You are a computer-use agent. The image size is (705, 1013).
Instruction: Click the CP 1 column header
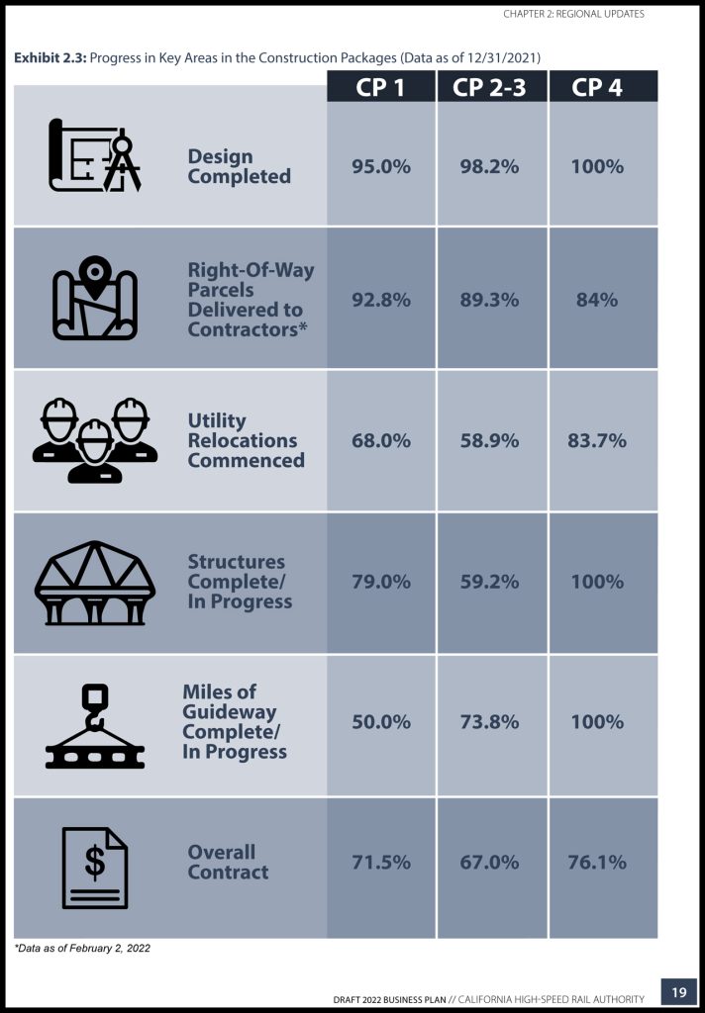[x=380, y=87]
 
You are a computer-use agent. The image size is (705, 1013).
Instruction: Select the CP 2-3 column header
[x=491, y=87]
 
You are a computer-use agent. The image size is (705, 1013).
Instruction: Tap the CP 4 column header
[x=597, y=87]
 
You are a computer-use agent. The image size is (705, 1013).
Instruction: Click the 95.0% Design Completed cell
[x=380, y=166]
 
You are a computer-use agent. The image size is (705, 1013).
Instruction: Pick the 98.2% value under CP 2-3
[x=489, y=166]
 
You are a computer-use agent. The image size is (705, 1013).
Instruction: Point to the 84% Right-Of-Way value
[x=597, y=300]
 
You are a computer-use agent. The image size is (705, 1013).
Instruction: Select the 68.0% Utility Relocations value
[x=380, y=441]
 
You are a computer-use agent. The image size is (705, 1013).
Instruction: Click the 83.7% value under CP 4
[x=597, y=441]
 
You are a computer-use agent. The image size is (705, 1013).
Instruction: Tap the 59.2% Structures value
[x=489, y=582]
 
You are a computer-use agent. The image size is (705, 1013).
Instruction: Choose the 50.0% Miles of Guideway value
[x=380, y=722]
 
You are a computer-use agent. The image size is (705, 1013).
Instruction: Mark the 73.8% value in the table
[x=489, y=722]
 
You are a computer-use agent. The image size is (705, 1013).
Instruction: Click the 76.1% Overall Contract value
[x=597, y=863]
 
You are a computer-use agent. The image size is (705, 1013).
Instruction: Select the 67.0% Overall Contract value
[x=489, y=863]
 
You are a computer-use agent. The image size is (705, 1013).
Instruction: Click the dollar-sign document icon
[x=95, y=867]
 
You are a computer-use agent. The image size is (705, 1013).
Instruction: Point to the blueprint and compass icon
[x=95, y=156]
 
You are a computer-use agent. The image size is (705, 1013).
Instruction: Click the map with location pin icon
[x=95, y=299]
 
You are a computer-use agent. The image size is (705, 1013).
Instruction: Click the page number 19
[x=678, y=993]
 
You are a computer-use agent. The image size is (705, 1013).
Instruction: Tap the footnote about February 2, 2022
[x=81, y=948]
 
